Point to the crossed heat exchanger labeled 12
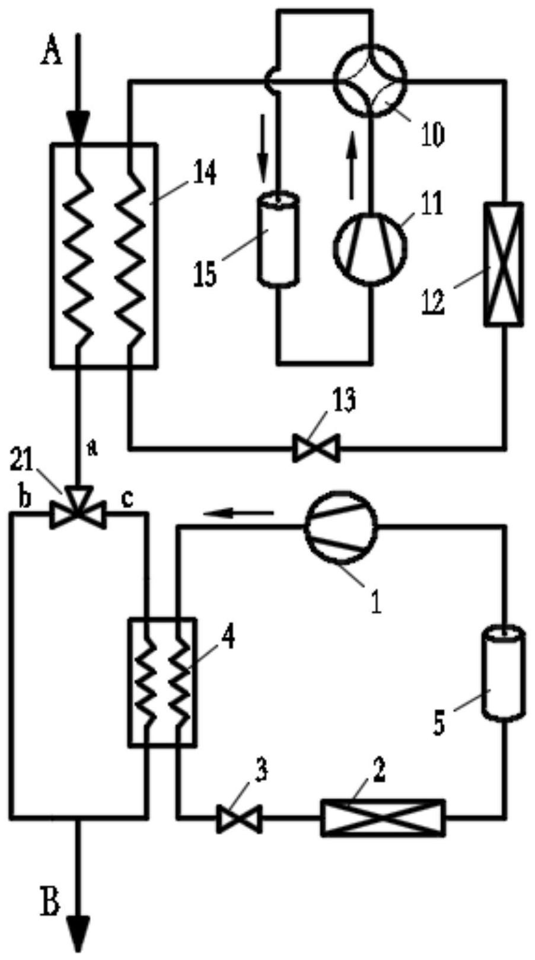coord(504,264)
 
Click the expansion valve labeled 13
coord(316,448)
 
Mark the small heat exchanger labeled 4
coord(161,682)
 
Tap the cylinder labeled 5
coord(504,674)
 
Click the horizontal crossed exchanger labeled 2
coord(382,817)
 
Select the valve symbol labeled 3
coord(238,818)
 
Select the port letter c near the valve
coord(126,498)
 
